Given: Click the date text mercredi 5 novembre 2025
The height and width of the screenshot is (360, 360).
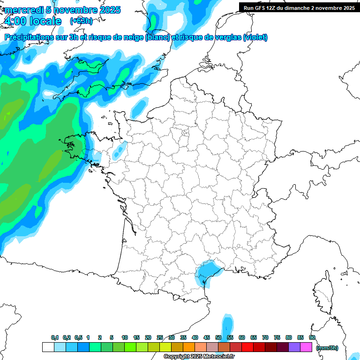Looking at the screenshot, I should click(x=62, y=10).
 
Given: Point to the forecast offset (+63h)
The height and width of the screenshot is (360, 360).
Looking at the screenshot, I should click(x=81, y=21).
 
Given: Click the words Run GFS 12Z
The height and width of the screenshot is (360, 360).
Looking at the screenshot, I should click(x=259, y=8).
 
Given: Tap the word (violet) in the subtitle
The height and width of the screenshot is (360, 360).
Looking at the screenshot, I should click(x=255, y=37).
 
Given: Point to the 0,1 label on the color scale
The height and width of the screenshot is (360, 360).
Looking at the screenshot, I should click(x=55, y=337).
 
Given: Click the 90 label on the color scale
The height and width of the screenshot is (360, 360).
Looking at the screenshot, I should click(x=312, y=337).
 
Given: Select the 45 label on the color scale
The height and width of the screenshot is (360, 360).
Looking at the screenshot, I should click(x=207, y=337).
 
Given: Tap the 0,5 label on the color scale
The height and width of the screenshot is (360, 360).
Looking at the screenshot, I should click(x=78, y=337).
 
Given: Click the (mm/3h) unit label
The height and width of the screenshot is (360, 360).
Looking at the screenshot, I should click(x=327, y=348).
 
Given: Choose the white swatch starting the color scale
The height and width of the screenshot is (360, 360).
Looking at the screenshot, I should click(x=48, y=347).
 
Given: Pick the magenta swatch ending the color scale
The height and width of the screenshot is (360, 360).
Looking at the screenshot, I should click(x=306, y=347).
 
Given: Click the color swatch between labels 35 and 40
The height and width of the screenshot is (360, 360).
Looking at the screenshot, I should click(x=189, y=347).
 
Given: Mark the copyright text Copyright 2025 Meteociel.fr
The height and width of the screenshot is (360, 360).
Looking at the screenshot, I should click(x=199, y=357).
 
